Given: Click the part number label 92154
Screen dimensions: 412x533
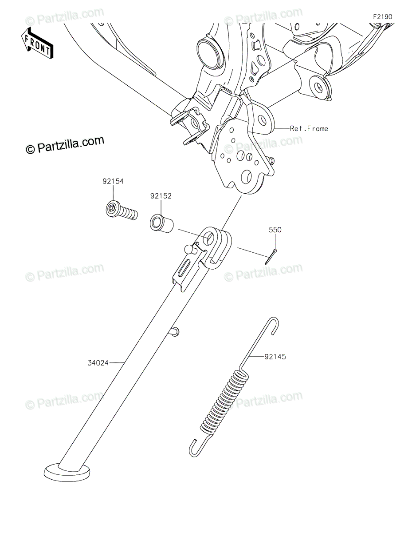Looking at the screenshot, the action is tap(113, 181).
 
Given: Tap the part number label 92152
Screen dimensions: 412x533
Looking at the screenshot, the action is tap(161, 196).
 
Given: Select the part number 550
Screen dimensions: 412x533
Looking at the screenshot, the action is tap(275, 230).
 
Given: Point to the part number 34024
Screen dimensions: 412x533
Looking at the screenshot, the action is tap(98, 363).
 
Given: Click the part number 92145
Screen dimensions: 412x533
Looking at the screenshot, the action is tap(275, 357).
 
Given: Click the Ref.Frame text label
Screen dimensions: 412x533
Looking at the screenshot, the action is tap(309, 128).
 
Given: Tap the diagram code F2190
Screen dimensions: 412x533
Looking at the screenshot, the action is tap(382, 17).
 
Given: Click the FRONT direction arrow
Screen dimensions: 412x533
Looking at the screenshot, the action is tap(37, 43).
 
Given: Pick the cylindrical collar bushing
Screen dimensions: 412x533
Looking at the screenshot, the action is tap(161, 223).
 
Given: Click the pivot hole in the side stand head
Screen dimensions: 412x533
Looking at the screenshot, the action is tap(209, 237).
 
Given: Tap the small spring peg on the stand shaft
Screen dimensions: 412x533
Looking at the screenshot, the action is tap(175, 332).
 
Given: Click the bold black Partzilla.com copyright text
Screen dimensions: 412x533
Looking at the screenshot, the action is tap(65, 145).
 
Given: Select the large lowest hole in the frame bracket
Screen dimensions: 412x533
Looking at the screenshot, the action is tap(246, 178).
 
